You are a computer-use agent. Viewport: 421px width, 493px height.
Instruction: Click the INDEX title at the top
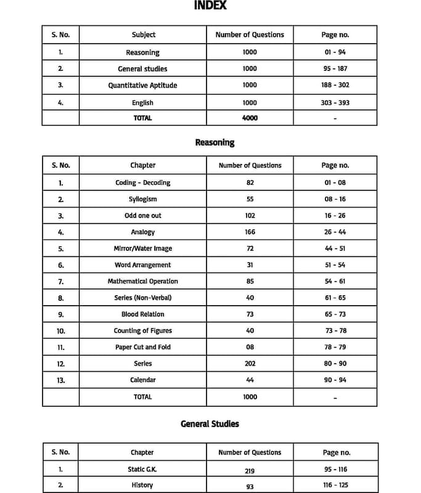pyautogui.click(x=210, y=6)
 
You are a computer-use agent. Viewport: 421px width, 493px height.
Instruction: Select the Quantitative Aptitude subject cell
pyautogui.click(x=142, y=86)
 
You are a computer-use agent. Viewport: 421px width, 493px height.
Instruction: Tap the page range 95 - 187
pyautogui.click(x=335, y=69)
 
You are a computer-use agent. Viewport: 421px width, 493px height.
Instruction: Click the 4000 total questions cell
pyautogui.click(x=250, y=118)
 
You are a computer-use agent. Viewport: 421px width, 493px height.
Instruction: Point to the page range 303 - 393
pyautogui.click(x=335, y=102)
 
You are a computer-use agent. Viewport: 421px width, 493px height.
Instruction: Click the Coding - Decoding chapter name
pyautogui.click(x=142, y=182)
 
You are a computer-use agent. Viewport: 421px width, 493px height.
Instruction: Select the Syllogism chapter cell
pyautogui.click(x=142, y=199)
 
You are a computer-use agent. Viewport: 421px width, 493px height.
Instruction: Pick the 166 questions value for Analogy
pyautogui.click(x=250, y=232)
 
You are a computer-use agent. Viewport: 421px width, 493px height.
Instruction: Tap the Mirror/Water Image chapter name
pyautogui.click(x=142, y=248)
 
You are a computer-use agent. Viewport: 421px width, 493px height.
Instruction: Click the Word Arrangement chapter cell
pyautogui.click(x=142, y=265)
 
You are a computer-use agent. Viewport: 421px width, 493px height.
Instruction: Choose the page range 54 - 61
pyautogui.click(x=335, y=281)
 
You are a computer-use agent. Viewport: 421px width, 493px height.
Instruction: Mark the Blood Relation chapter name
pyautogui.click(x=142, y=314)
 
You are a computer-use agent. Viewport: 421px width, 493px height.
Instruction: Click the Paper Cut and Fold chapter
pyautogui.click(x=142, y=347)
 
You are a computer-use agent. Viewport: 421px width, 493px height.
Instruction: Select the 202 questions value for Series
pyautogui.click(x=250, y=364)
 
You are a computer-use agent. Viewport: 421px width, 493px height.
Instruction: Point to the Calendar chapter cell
pyautogui.click(x=142, y=380)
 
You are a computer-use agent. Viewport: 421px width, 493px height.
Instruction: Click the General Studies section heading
pyautogui.click(x=210, y=424)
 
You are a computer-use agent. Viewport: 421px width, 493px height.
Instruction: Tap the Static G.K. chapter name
pyautogui.click(x=142, y=469)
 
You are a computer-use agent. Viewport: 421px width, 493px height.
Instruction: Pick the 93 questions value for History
pyautogui.click(x=250, y=487)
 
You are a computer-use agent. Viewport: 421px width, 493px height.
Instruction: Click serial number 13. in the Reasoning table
pyautogui.click(x=61, y=380)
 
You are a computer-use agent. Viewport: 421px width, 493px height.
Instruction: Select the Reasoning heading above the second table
pyautogui.click(x=215, y=142)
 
